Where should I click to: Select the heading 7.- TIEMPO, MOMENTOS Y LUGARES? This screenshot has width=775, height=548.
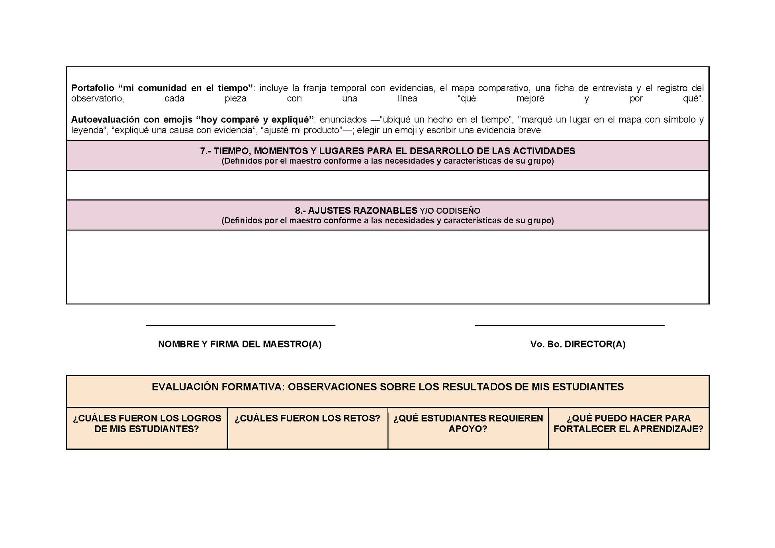pos(387,151)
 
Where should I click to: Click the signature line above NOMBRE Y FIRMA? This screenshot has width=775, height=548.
pos(240,325)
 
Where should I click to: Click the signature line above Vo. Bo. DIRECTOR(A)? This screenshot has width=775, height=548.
pos(569,325)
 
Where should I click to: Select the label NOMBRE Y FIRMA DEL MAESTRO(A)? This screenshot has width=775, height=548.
pos(240,344)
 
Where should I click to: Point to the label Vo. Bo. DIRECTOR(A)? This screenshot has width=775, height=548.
pos(577,344)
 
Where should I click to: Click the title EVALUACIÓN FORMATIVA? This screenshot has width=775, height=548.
pos(387,387)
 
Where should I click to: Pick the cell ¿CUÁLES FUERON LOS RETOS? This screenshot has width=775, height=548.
pos(307,419)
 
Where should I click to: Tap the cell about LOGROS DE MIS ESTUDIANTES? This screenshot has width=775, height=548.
pos(147,424)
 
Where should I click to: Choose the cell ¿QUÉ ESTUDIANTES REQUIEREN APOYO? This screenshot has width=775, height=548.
pos(468,424)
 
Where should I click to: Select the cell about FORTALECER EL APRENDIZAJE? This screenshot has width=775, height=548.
pos(628,424)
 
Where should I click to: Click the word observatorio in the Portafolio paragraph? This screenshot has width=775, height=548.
pos(98,99)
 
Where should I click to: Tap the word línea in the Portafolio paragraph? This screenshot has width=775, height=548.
pos(407,99)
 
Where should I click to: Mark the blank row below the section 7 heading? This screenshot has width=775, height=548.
pos(387,185)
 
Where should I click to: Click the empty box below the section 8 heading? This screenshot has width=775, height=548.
pos(387,267)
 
